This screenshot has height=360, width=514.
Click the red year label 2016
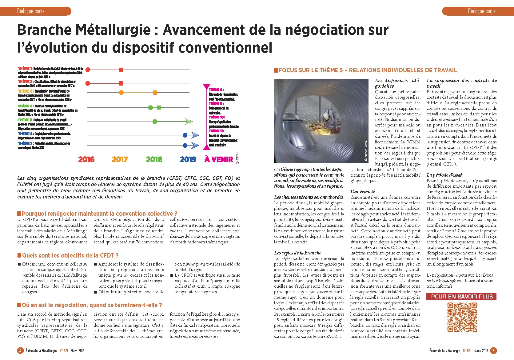click(86, 159)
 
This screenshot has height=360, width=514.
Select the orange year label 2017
click(120, 159)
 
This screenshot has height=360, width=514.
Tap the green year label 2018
click(154, 159)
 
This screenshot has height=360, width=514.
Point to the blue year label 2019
click(188, 159)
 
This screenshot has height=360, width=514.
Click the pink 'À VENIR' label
click(219, 159)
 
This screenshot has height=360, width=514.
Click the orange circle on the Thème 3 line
click(121, 92)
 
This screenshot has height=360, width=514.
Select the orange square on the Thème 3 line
click(155, 92)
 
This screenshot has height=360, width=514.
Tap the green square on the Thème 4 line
click(159, 107)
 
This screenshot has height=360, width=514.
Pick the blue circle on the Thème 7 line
click(185, 145)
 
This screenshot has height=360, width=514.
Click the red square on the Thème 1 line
click(121, 70)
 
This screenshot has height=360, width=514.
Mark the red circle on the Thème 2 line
click(88, 83)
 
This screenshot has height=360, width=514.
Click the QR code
click(462, 317)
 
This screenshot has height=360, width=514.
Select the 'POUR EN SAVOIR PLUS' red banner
click(461, 297)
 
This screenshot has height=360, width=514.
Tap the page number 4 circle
click(20, 350)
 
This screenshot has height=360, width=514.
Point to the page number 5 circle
click(493, 350)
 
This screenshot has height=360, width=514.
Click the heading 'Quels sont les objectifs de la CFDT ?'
click(70, 255)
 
